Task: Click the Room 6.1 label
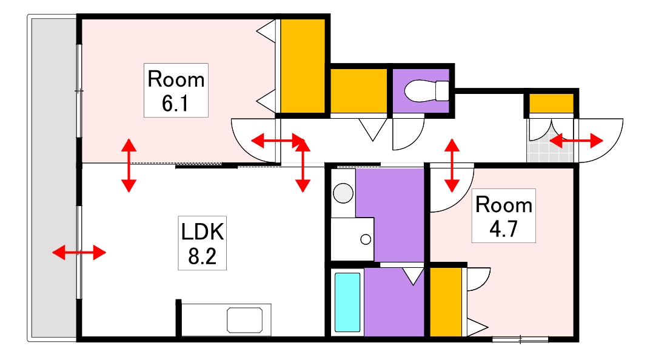pyautogui.click(x=176, y=90)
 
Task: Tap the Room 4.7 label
pyautogui.click(x=503, y=216)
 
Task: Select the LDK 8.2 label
pyautogui.click(x=203, y=242)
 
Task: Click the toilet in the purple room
pyautogui.click(x=426, y=92)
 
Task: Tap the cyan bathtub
pyautogui.click(x=347, y=302)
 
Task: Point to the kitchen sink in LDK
pyautogui.click(x=245, y=319)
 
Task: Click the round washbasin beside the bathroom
pyautogui.click(x=343, y=193)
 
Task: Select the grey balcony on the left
pyautogui.click(x=53, y=179)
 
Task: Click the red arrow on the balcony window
pyautogui.click(x=79, y=252)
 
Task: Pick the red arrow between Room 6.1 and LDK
pyautogui.click(x=128, y=165)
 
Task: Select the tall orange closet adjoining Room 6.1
pyautogui.click(x=303, y=65)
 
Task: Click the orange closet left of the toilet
pyautogui.click(x=358, y=91)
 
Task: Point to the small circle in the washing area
pyautogui.click(x=366, y=239)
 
